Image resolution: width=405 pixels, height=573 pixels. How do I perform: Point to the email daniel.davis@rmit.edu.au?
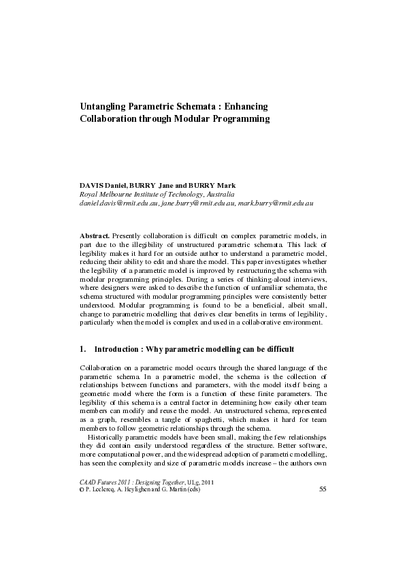(x=119, y=203)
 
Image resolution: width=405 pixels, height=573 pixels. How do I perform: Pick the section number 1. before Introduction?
(x=82, y=349)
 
